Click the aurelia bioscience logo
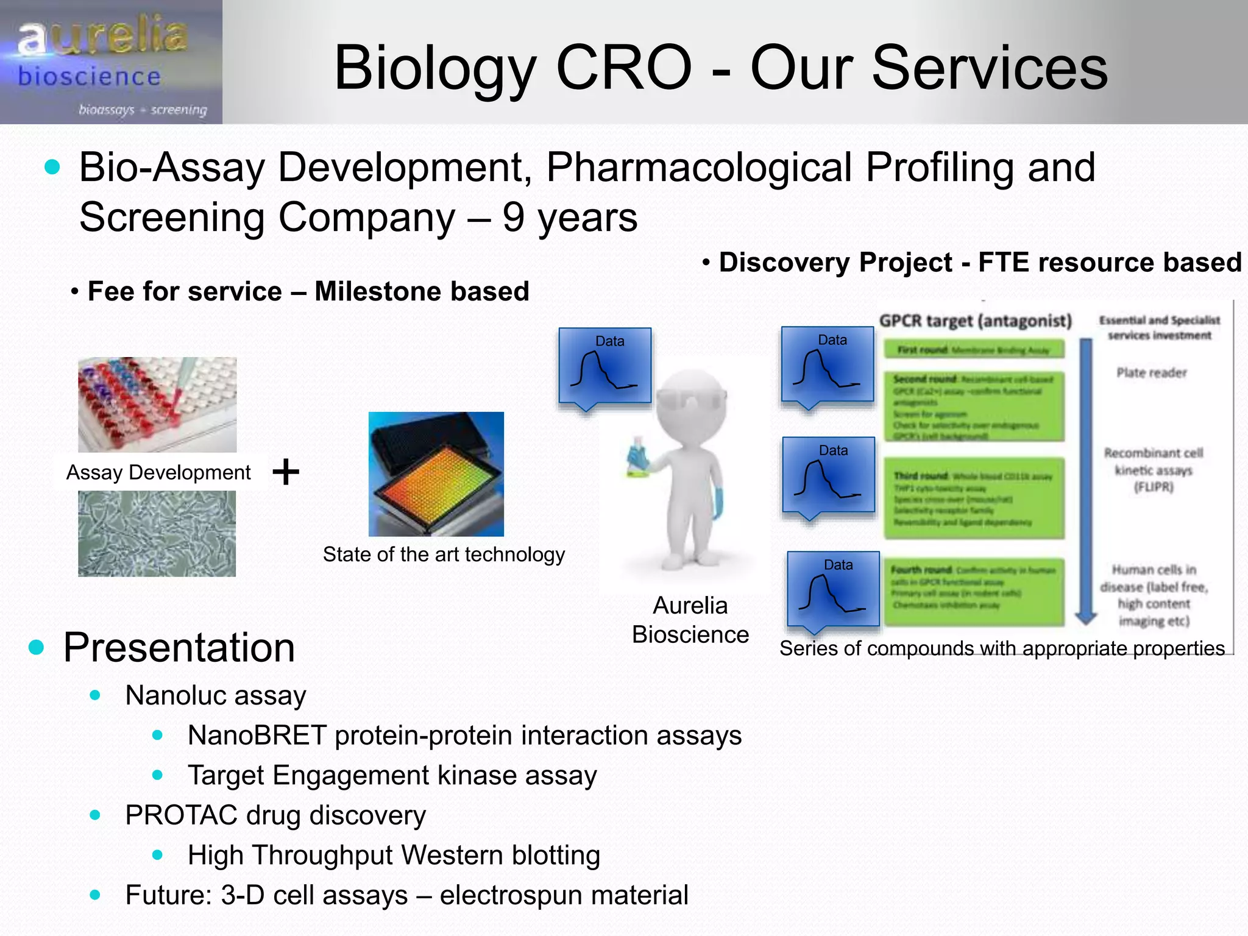(x=111, y=62)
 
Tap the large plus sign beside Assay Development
(x=286, y=472)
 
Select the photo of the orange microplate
(x=436, y=474)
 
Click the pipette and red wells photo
(x=157, y=404)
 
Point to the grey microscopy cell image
(x=157, y=534)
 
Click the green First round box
(x=974, y=350)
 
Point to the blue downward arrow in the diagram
(x=1086, y=481)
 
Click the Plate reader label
(x=1151, y=373)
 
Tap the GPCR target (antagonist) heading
(x=975, y=321)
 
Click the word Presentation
(x=179, y=647)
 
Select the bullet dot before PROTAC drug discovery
(x=95, y=815)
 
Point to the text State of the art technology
(x=444, y=555)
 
